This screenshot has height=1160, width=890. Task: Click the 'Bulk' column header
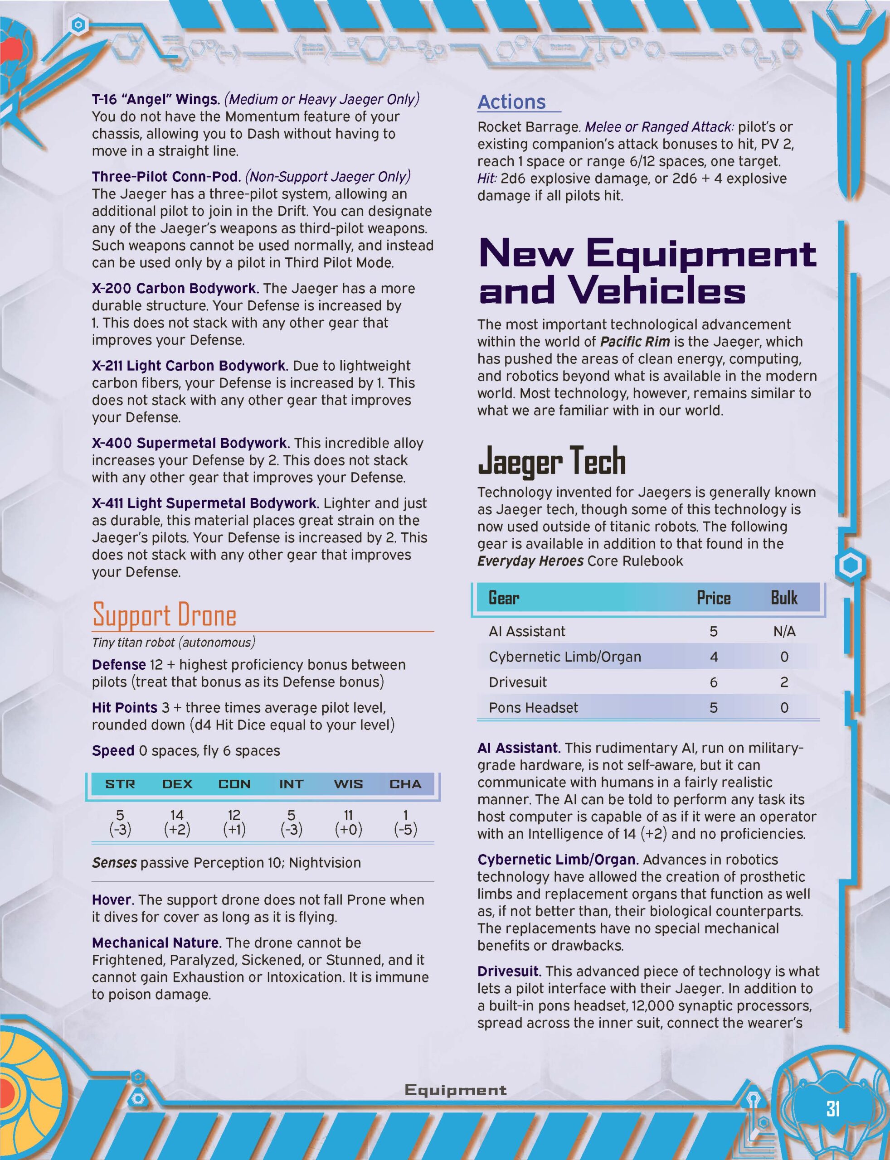pyautogui.click(x=783, y=598)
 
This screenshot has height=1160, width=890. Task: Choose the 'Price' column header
pyautogui.click(x=713, y=598)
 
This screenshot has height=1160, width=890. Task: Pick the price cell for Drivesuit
pyautogui.click(x=713, y=682)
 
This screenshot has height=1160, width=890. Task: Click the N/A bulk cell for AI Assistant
pyautogui.click(x=783, y=631)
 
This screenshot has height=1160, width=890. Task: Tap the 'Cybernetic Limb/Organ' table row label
pyautogui.click(x=565, y=657)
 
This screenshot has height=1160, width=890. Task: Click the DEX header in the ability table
pyautogui.click(x=177, y=783)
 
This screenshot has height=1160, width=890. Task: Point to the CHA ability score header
pyautogui.click(x=405, y=783)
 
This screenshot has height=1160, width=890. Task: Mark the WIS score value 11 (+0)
pyautogui.click(x=348, y=822)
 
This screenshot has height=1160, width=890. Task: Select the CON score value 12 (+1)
pyautogui.click(x=234, y=822)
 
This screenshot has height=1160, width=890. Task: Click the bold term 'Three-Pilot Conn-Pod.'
pyautogui.click(x=166, y=176)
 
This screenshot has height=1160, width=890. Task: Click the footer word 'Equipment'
pyautogui.click(x=455, y=1090)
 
